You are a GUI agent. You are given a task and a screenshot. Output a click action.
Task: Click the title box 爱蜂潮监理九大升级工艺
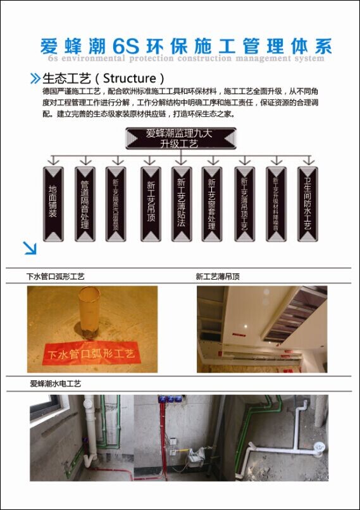[x=181, y=138]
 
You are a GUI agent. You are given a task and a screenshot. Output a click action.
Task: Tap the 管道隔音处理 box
[x=85, y=203]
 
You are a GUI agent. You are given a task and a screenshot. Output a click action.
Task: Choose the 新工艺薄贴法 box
[x=182, y=203]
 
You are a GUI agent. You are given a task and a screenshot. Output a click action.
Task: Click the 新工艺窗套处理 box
[x=212, y=203]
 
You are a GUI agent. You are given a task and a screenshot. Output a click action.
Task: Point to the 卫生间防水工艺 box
[x=307, y=203]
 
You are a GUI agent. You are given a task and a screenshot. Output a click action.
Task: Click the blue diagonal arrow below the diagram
[x=29, y=247]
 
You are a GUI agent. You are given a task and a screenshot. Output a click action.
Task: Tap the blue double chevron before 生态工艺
[x=35, y=79]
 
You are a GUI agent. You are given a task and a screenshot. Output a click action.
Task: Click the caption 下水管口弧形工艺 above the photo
[x=55, y=277]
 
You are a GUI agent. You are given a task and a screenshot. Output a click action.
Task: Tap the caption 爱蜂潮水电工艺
[x=56, y=383]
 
